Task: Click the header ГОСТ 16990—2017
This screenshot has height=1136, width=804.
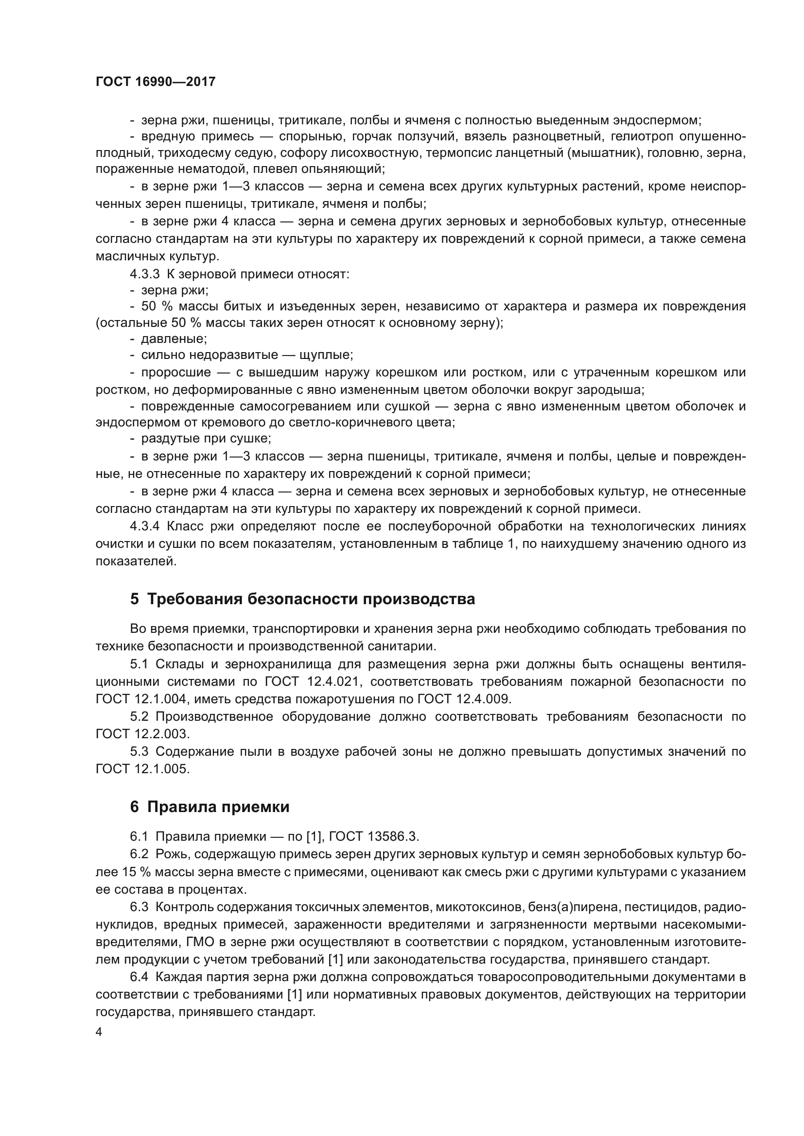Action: point(156,82)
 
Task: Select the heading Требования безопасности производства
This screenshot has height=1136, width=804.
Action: point(311,599)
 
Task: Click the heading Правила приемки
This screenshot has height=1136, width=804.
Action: point(218,807)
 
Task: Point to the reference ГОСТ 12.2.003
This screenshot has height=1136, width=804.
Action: point(142,734)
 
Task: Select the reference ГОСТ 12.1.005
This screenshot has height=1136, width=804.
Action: point(142,769)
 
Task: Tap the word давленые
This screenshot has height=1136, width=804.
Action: point(174,339)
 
